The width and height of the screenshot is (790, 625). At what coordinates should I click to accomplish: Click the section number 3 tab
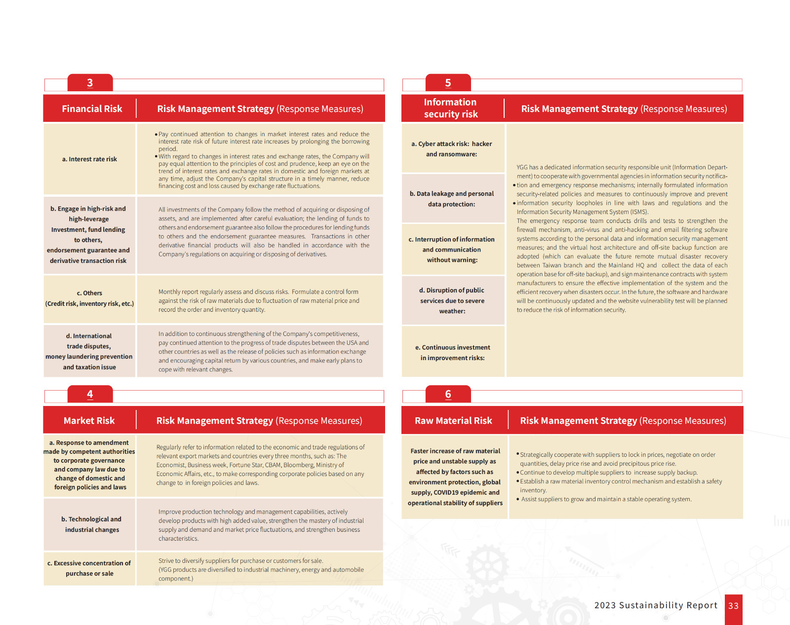pos(90,83)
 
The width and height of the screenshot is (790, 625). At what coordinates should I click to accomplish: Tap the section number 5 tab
pos(448,83)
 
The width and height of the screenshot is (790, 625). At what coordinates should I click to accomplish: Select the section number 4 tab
pos(90,394)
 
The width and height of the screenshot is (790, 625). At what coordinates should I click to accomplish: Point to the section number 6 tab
pos(448,394)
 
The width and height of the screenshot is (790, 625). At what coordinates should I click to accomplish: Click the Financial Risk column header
pos(92,109)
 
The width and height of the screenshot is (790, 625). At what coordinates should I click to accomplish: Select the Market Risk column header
pos(89,420)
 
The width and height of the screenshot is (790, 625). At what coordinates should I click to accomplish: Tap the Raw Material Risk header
pos(453,420)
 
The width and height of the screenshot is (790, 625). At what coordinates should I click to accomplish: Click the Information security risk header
pos(450,108)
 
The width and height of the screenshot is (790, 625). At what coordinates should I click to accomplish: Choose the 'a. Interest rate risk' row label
pos(89,159)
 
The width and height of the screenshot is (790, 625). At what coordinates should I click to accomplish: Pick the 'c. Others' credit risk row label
pos(89,298)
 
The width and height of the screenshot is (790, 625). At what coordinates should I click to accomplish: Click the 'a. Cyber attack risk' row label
pos(452,148)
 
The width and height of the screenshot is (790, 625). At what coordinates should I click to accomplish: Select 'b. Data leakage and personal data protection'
pos(452,199)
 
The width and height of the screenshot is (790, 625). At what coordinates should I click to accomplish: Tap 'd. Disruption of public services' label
pos(452,300)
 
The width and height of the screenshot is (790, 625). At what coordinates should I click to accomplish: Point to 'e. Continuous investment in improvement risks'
pos(452,352)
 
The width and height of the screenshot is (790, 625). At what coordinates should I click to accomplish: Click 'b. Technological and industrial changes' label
pos(91,524)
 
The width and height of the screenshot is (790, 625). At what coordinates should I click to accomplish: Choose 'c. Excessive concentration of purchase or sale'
pos(89,568)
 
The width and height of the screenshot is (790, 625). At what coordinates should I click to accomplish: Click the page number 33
pos(733,606)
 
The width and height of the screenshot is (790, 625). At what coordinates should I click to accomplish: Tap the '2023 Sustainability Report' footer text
pos(656,605)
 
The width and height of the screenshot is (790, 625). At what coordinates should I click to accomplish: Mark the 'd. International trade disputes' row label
pos(89,351)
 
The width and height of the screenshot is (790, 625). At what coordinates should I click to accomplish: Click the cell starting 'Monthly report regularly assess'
pos(259,300)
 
